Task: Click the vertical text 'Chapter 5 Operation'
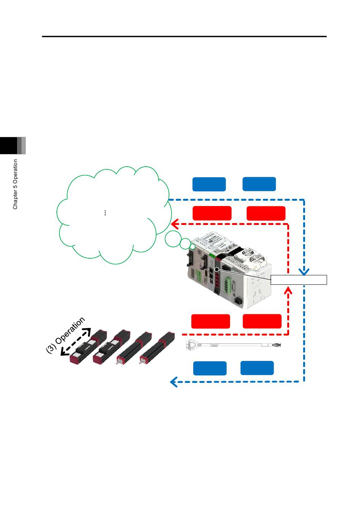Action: [x=15, y=184]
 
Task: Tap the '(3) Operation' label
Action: [x=65, y=335]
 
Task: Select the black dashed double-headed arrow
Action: [x=76, y=342]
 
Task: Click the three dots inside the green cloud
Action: [x=105, y=213]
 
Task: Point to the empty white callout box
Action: [x=299, y=280]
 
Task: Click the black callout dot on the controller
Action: [x=217, y=270]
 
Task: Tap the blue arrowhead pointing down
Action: [x=304, y=272]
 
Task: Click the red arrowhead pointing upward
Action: [x=288, y=290]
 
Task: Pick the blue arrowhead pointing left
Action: [x=174, y=382]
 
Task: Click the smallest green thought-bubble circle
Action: [x=193, y=247]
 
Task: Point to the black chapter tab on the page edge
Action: [x=8, y=145]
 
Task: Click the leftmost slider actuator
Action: [x=88, y=346]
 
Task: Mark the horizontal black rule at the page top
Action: [x=184, y=36]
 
